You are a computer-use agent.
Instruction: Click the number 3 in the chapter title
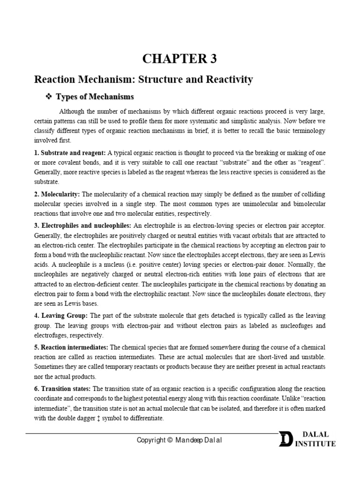point(213,59)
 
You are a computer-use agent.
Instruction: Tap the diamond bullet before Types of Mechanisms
point(48,97)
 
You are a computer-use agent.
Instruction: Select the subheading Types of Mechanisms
point(95,97)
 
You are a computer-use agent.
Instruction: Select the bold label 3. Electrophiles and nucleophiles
point(88,226)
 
